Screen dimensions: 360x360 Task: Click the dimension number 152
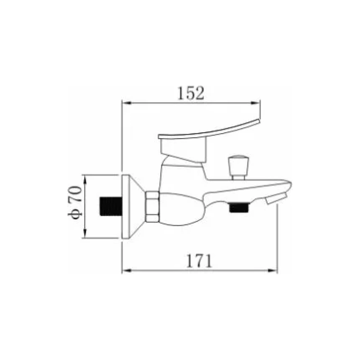tap(191, 93)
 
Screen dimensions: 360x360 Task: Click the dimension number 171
tap(199, 261)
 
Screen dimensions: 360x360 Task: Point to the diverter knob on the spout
tap(238, 167)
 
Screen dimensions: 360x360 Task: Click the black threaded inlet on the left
tap(111, 206)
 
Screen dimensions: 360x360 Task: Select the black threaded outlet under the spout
tap(239, 207)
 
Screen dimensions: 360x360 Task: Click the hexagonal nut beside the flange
tap(152, 207)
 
